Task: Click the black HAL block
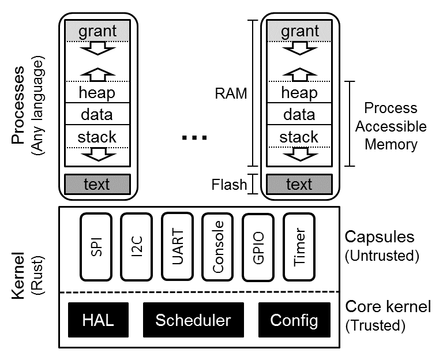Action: [x=97, y=320]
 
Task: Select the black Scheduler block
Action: [x=193, y=320]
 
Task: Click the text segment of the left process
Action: [x=97, y=184]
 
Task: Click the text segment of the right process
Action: [x=299, y=184]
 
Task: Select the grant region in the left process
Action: [x=97, y=31]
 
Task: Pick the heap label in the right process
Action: [x=299, y=92]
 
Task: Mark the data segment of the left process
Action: [x=97, y=114]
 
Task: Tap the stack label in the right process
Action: [x=299, y=137]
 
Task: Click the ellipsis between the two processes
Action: [x=194, y=138]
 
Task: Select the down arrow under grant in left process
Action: [x=97, y=51]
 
